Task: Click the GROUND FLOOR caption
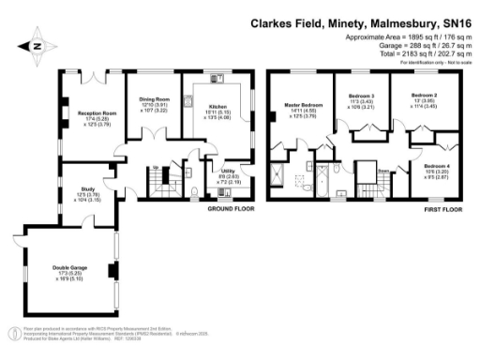pyautogui.click(x=230, y=211)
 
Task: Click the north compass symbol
pyautogui.click(x=37, y=45)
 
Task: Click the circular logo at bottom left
pyautogui.click(x=14, y=332)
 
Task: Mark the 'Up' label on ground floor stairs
pyautogui.click(x=155, y=168)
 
